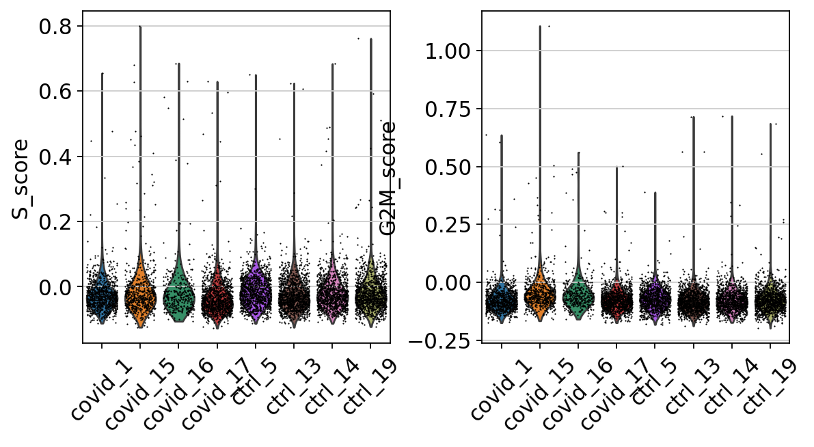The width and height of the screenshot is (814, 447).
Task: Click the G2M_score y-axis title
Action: tap(389, 179)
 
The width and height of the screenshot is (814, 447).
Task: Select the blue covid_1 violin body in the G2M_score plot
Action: tap(502, 301)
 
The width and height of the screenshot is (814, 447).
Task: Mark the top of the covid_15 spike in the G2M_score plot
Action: tap(540, 27)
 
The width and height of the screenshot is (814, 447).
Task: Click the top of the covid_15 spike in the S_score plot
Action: tap(140, 27)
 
